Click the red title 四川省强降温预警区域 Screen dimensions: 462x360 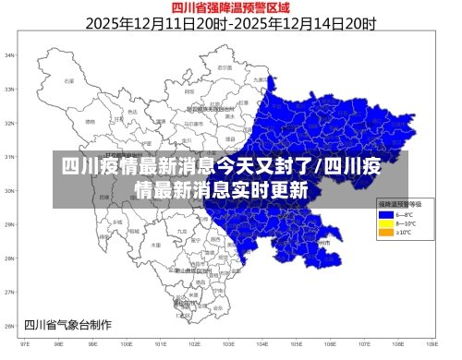click(231, 8)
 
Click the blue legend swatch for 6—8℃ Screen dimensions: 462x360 click(386, 214)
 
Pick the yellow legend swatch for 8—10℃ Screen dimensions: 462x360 click(386, 223)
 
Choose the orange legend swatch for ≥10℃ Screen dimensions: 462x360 click(386, 233)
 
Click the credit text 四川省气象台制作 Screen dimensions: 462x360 click(67, 324)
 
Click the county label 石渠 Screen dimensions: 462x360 click(67, 81)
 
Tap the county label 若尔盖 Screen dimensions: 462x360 click(223, 67)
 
